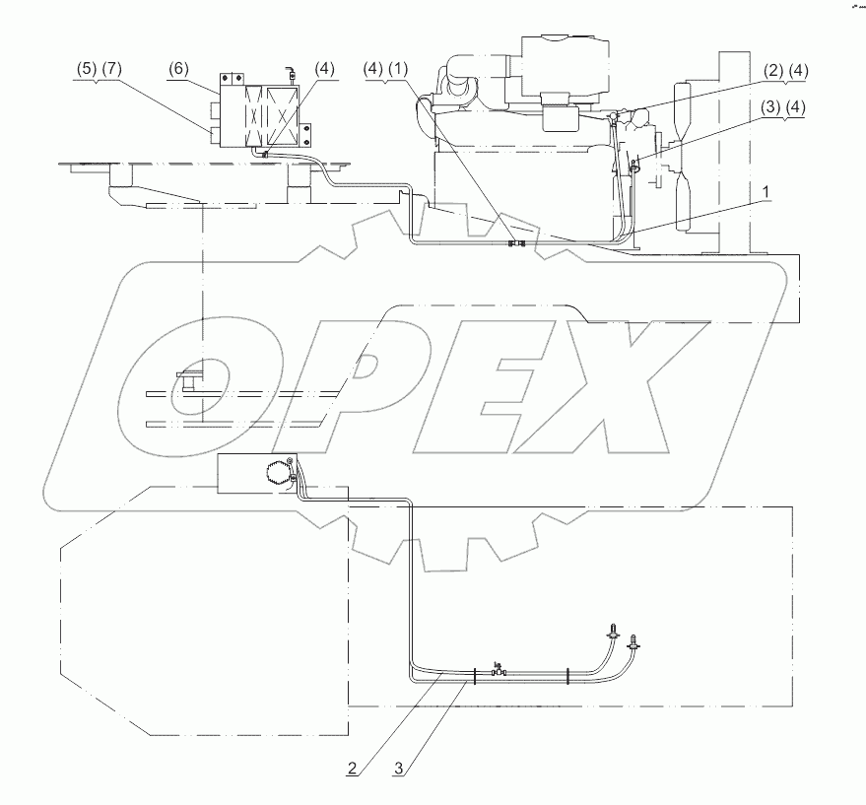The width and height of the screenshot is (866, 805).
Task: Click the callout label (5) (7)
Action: (98, 70)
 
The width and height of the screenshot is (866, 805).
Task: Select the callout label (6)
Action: (178, 69)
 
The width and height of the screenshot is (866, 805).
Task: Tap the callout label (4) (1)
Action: (386, 70)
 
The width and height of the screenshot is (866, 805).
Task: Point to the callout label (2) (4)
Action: (786, 71)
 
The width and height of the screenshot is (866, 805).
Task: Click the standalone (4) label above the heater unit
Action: (324, 69)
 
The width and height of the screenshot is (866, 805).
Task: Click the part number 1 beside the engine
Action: (766, 192)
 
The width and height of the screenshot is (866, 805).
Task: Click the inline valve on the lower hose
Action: (499, 671)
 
